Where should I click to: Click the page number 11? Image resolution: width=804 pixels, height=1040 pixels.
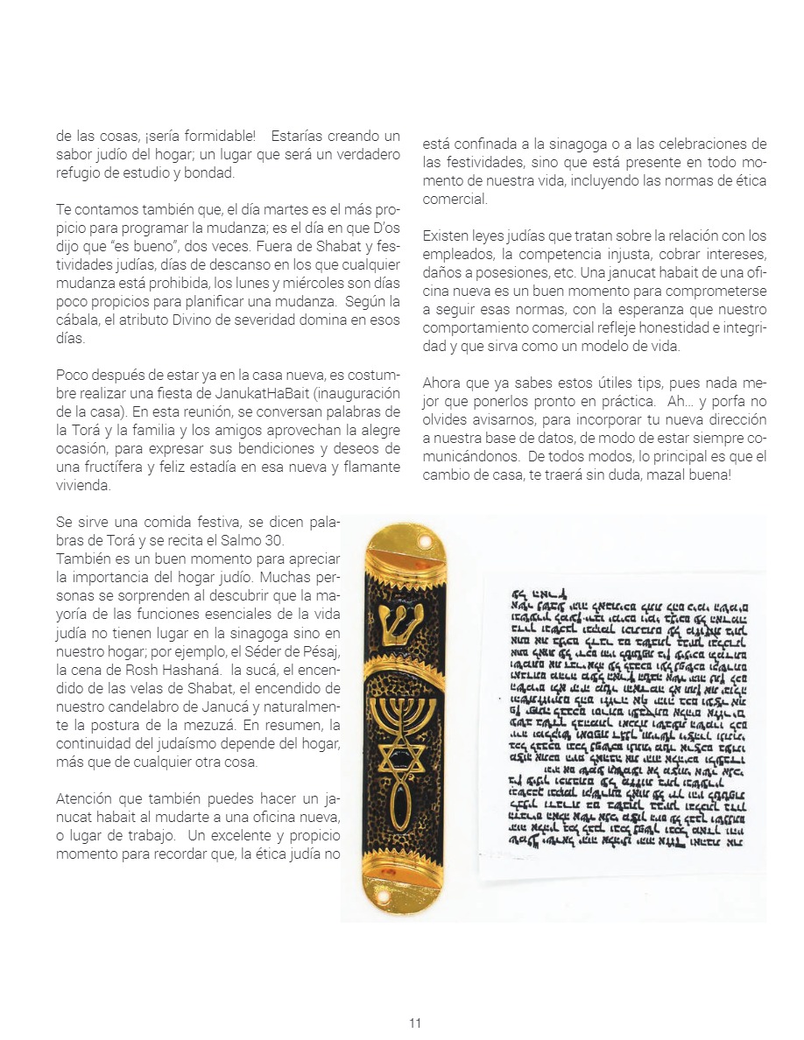[x=415, y=1022]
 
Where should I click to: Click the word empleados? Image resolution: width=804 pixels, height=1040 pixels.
[x=455, y=254]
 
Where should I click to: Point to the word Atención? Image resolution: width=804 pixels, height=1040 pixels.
[x=87, y=798]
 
